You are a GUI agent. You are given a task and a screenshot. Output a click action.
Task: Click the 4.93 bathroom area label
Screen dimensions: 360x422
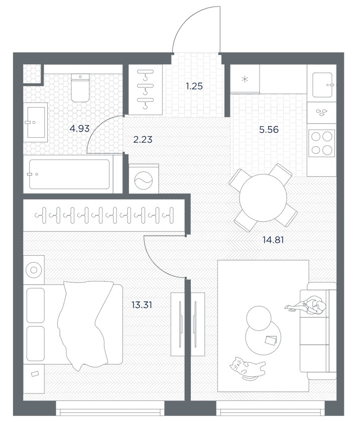coord(79,129)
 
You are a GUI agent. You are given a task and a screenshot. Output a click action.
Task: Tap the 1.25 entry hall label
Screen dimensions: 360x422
coord(194,86)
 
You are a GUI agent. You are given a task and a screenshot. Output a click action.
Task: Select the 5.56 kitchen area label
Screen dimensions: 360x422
coord(269,130)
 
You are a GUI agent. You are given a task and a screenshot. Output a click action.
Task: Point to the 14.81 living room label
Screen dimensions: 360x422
coord(273,240)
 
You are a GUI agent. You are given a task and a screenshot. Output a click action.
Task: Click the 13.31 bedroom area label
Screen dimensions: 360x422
coord(142,305)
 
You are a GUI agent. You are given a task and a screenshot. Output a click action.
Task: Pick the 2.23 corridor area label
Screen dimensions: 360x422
coord(143,140)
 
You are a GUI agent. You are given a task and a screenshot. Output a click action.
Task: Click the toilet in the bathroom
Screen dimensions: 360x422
coord(80,88)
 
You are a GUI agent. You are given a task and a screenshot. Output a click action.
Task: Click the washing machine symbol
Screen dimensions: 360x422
coord(144,179)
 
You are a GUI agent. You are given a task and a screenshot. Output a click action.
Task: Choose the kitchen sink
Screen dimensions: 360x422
coord(323,84)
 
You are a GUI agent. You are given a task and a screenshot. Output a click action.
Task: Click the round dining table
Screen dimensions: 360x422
coord(263,198)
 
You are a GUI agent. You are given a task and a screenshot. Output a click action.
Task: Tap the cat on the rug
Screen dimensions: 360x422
coord(247,368)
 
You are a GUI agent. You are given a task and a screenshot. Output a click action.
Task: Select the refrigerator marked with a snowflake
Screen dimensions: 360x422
coord(245,79)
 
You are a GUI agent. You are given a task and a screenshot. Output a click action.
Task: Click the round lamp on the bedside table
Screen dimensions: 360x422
coord(34,270)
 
